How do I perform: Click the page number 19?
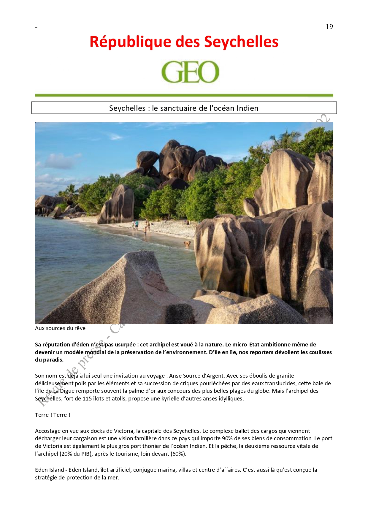(329, 27)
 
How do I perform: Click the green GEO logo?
(190, 72)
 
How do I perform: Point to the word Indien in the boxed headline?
(247, 108)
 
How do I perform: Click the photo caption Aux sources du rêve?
(60, 328)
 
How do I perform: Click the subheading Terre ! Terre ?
(53, 415)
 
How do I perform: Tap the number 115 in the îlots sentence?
(87, 398)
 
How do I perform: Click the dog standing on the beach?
(187, 244)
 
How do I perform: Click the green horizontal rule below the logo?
(184, 95)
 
